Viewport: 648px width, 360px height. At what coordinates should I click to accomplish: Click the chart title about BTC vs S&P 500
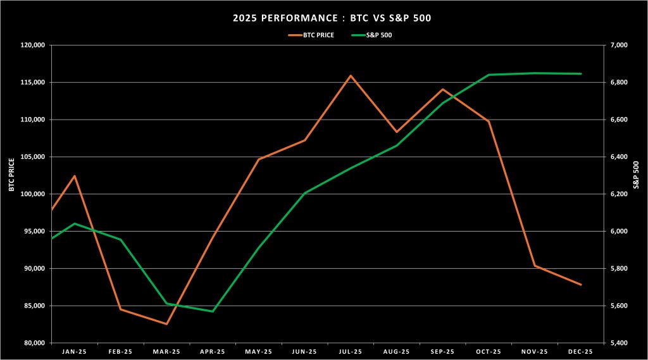click(323, 18)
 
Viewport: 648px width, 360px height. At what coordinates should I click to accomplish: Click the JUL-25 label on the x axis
click(350, 351)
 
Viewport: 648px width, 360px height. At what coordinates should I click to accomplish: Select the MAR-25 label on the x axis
click(166, 351)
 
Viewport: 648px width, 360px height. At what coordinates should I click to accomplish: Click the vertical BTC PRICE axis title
click(11, 175)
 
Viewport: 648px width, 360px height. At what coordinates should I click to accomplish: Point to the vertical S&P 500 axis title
click(638, 175)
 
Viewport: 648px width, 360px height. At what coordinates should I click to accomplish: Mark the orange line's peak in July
click(351, 75)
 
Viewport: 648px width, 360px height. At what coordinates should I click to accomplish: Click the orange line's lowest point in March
click(166, 324)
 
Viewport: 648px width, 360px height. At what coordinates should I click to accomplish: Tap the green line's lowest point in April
click(213, 311)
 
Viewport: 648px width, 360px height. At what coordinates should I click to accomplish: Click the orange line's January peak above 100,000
click(75, 176)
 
